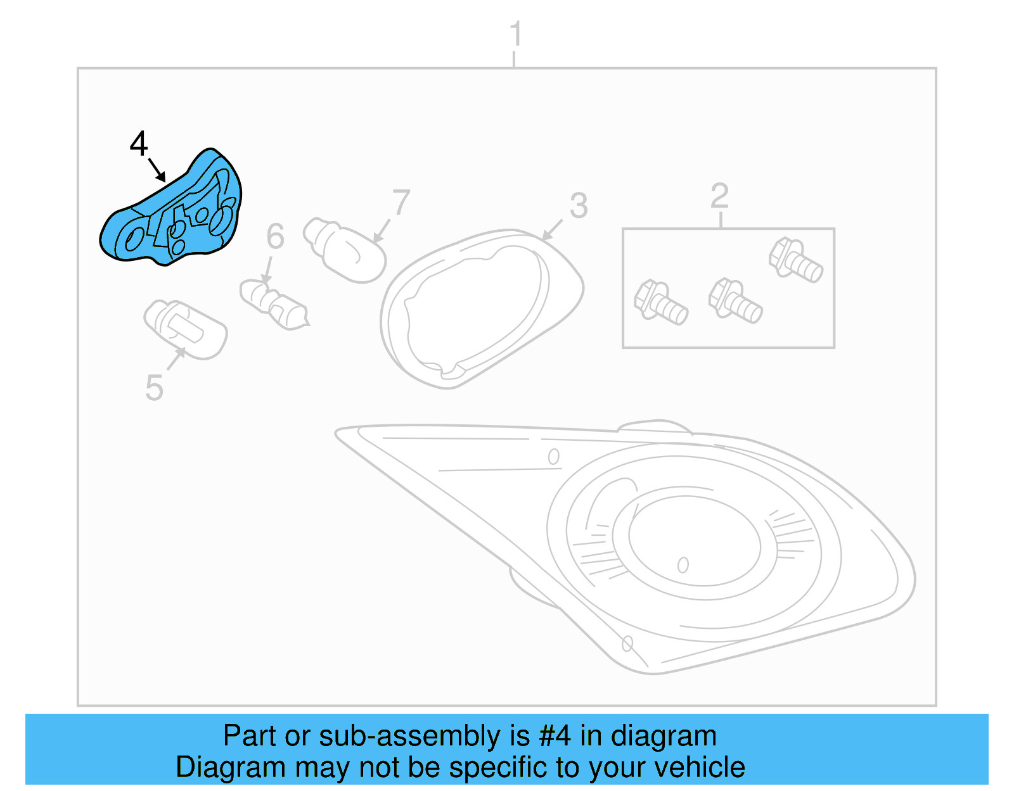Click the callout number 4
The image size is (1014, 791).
(x=139, y=144)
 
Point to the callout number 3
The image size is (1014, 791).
(x=578, y=206)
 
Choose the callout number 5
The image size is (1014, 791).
(x=154, y=387)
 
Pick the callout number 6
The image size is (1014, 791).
(x=275, y=236)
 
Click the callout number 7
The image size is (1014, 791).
(x=401, y=203)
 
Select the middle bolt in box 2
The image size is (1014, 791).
(x=735, y=301)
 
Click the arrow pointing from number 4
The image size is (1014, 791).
(x=157, y=170)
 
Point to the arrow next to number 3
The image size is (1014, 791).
(x=552, y=229)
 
